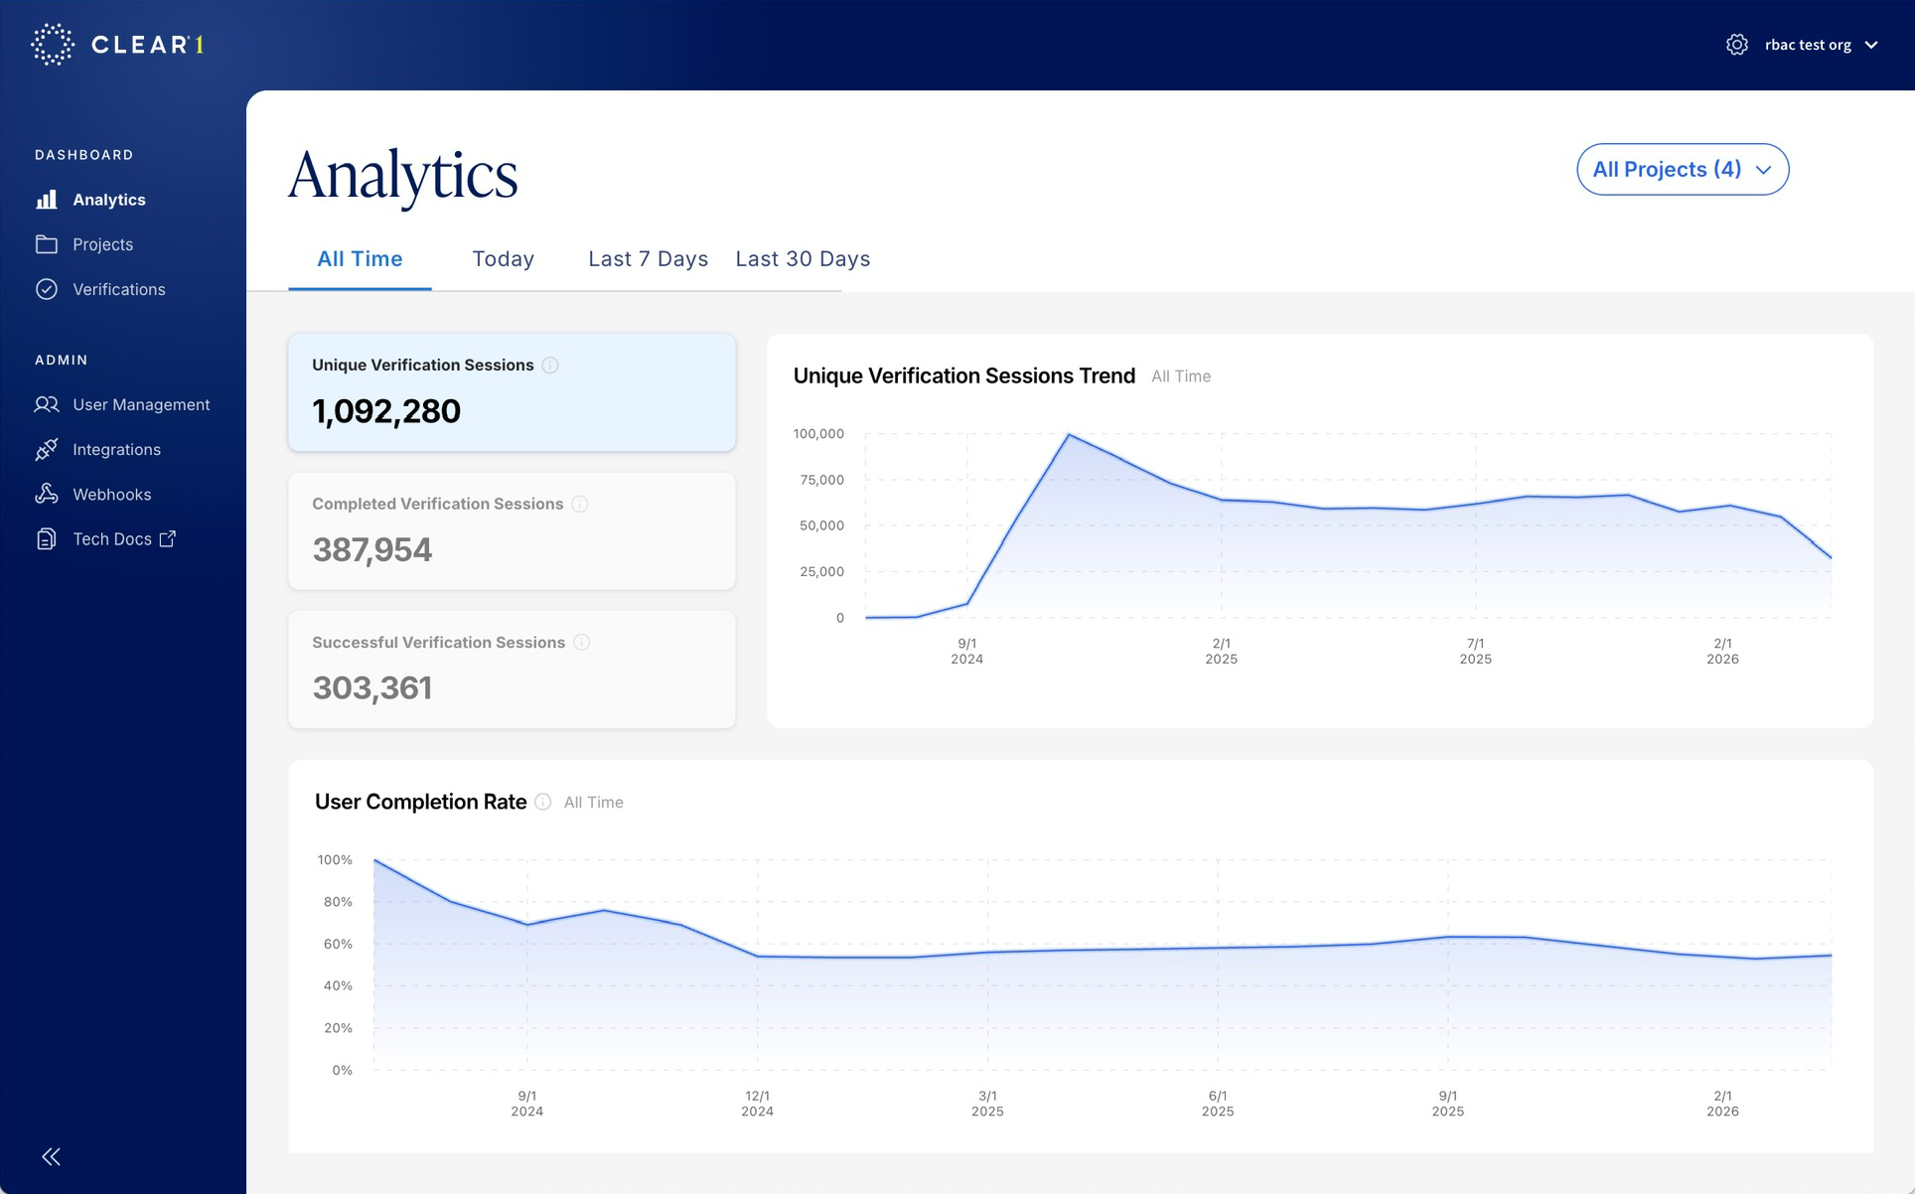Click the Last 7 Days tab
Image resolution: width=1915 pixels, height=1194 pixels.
tap(648, 259)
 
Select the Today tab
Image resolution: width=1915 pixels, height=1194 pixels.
tap(503, 259)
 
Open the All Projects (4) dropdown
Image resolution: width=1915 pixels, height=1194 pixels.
tap(1682, 170)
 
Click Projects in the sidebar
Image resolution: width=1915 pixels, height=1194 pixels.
tap(102, 244)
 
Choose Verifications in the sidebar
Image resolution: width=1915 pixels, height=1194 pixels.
tap(118, 289)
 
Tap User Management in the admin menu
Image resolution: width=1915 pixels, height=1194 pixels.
tap(140, 404)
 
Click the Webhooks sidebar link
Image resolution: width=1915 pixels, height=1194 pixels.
tap(111, 494)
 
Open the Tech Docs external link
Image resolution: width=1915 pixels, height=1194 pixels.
tap(123, 538)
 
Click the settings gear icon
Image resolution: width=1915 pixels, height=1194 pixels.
tap(1736, 45)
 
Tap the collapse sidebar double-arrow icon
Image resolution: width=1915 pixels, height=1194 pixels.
tap(52, 1156)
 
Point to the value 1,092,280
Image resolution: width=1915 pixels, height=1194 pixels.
tap(386, 411)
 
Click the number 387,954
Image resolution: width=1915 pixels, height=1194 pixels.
tap(372, 549)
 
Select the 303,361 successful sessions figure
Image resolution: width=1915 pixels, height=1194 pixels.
tap(372, 687)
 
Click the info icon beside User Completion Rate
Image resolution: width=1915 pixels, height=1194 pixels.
tap(543, 802)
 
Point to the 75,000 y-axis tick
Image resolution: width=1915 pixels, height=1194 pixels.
tap(820, 480)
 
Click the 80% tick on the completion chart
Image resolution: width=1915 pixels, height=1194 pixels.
tap(338, 902)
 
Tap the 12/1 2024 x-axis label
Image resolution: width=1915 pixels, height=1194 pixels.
tap(757, 1103)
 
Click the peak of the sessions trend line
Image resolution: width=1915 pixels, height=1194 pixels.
tap(1069, 434)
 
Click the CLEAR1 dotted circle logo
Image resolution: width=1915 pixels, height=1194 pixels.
tap(53, 45)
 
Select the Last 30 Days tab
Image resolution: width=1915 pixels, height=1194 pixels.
tap(803, 259)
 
